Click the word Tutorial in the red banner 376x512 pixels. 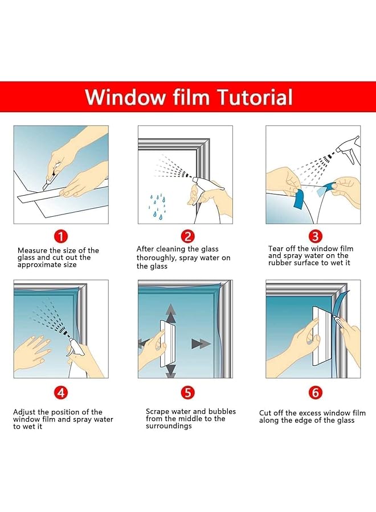255,97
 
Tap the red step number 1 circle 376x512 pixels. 61,236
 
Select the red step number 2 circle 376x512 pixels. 187,236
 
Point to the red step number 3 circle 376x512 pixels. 315,236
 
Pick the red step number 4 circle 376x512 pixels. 61,393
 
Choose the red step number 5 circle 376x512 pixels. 187,393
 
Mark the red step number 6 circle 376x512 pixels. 315,393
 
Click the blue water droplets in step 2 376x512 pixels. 157,207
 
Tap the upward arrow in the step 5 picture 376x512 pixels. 171,313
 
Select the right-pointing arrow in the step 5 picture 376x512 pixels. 201,344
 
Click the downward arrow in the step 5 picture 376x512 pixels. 171,370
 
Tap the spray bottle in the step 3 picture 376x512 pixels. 348,148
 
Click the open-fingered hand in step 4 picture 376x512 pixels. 32,351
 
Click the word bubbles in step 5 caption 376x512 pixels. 222,411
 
